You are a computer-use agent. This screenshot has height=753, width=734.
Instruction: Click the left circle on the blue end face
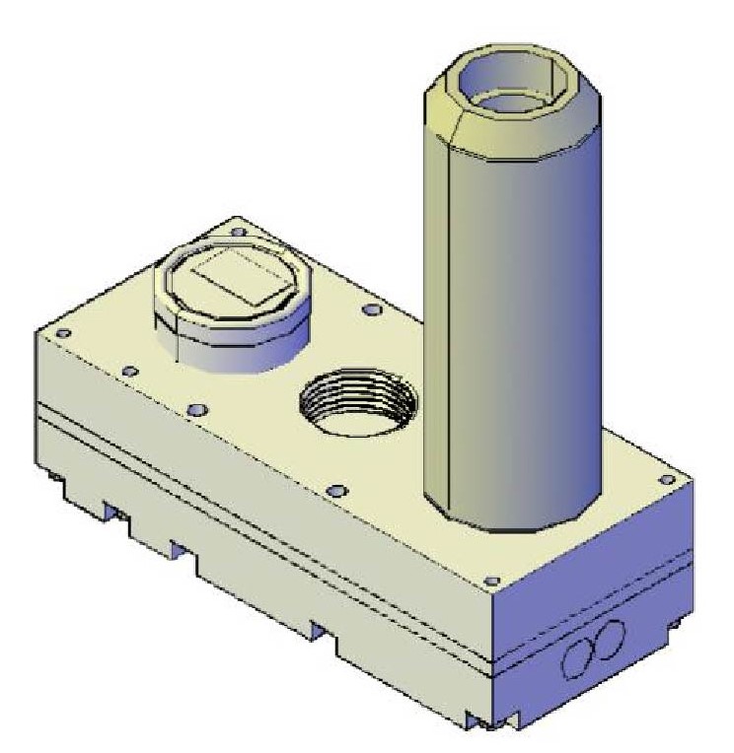click(580, 655)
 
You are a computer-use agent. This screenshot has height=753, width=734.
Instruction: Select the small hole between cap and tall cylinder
click(370, 310)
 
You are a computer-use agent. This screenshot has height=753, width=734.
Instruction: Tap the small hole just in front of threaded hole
click(334, 490)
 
